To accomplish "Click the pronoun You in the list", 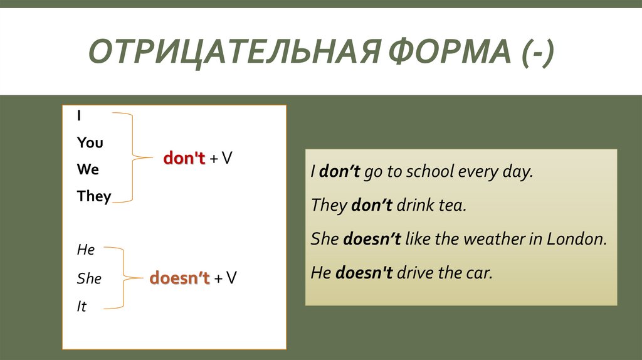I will tap(90, 143).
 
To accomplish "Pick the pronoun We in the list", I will tap(88, 169).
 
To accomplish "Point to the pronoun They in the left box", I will tap(94, 196).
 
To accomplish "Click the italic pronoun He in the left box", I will tap(85, 250).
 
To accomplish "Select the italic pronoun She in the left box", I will tap(89, 278).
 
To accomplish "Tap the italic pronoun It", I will tap(82, 307).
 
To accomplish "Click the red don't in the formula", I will tap(184, 159).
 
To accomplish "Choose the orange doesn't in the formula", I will tap(179, 278).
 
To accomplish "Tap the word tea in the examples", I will tap(452, 205).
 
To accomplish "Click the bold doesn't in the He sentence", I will tap(364, 273).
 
